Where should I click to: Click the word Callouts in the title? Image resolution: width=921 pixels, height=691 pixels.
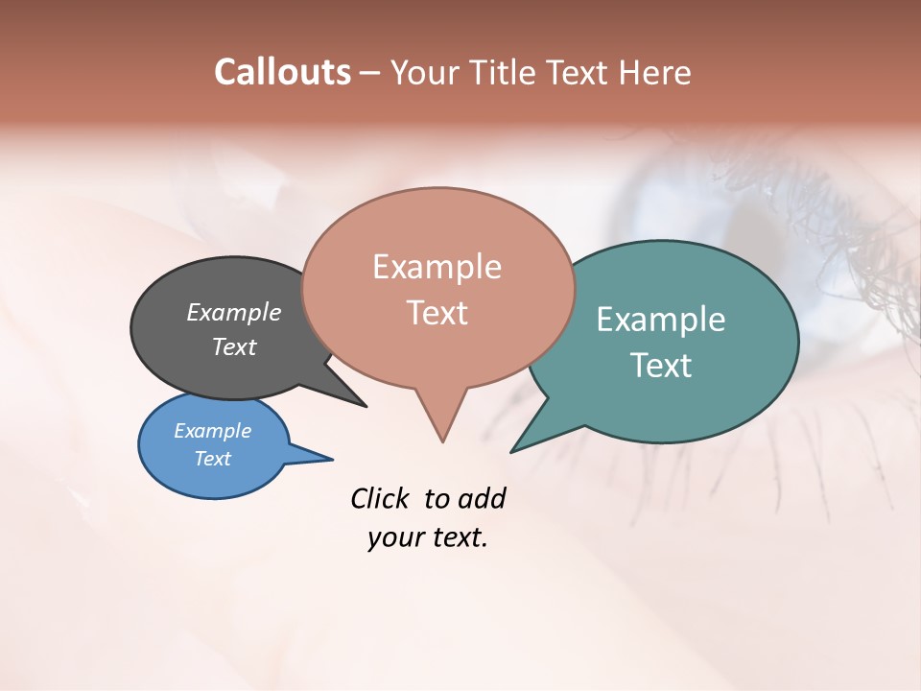coord(282,72)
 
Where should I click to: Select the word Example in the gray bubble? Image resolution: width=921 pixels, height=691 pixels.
coord(234,312)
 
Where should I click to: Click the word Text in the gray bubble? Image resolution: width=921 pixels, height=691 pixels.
coord(234,346)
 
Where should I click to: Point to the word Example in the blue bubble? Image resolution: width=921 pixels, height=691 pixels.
coord(213,431)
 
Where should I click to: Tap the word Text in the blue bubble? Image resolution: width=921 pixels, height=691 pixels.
coord(213,459)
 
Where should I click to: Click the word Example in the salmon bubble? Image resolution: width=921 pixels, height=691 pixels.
coord(437,267)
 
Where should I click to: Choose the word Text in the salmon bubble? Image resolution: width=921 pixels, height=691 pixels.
coord(437,313)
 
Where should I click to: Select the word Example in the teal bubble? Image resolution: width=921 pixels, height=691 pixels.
coord(661,320)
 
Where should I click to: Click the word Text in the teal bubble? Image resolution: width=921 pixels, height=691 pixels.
coord(661,366)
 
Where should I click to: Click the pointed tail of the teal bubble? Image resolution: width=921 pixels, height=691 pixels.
coord(514,449)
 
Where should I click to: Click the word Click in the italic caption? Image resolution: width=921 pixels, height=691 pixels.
coord(382,498)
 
